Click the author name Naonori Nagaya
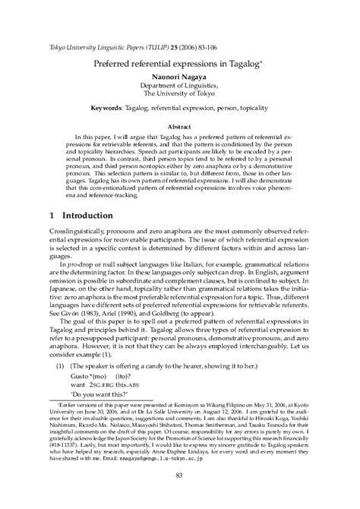(x=180, y=77)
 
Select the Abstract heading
(x=180, y=126)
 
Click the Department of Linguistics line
(x=180, y=87)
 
